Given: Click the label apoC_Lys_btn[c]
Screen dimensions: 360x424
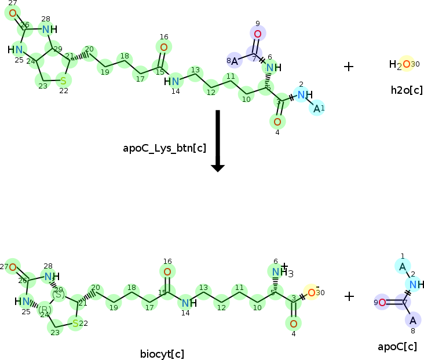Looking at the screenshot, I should click(165, 148).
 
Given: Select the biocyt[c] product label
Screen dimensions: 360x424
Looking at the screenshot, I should click(162, 354).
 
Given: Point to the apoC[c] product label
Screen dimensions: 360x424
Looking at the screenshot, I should click(397, 347).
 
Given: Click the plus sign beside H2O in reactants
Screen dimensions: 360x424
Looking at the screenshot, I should click(349, 66).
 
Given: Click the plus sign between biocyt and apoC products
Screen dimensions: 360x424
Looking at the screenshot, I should click(349, 296).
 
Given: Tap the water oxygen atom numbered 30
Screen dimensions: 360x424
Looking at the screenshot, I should click(407, 64).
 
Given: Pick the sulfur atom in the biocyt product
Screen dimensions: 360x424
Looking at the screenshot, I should click(75, 323).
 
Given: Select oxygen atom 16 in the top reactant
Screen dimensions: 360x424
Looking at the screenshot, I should click(164, 47).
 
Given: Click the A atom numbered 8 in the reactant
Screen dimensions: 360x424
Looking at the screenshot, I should click(235, 60).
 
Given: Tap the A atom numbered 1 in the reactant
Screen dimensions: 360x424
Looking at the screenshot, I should click(317, 108).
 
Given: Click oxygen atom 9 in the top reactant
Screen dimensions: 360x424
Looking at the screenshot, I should click(258, 34).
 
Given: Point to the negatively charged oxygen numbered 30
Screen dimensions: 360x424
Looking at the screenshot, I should click(311, 292).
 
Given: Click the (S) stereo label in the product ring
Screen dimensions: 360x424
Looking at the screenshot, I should click(59, 294).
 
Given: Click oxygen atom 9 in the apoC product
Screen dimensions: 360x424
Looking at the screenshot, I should click(382, 302).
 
